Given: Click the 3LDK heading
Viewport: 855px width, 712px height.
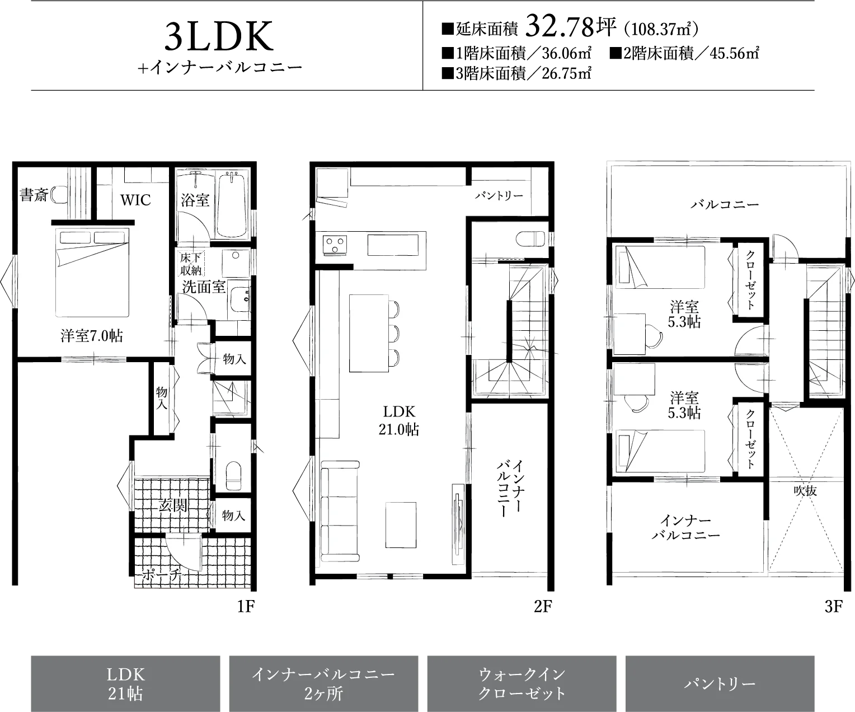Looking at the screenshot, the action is tap(219, 36).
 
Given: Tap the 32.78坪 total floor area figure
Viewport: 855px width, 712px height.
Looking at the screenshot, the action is tap(570, 26).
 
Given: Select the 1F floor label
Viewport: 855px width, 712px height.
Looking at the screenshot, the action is tap(246, 606).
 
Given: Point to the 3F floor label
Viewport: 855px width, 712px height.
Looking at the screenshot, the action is tap(834, 606).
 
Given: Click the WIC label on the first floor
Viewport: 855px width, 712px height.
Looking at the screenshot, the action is tap(135, 200).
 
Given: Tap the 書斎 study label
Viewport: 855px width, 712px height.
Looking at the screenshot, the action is tap(34, 195).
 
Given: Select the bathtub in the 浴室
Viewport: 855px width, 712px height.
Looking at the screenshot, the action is tap(231, 204).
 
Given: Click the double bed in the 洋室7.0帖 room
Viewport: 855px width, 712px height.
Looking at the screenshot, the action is tap(92, 273).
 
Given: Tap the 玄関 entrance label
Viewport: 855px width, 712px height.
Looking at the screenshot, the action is tap(173, 505).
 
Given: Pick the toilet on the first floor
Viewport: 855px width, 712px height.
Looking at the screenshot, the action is tap(233, 476).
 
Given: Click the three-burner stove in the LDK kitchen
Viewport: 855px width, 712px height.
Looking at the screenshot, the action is tap(335, 245).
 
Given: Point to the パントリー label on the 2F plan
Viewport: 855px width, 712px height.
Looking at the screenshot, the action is tap(499, 196).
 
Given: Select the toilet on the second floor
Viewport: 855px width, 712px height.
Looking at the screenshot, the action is tap(530, 239).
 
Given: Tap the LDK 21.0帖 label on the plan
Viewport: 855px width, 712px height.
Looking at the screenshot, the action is tap(399, 420).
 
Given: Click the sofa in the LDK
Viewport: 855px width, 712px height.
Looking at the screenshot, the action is tap(340, 511).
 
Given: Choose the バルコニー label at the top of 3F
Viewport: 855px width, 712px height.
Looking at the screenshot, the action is tap(725, 204).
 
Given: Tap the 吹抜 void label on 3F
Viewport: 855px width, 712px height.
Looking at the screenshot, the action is tap(805, 491).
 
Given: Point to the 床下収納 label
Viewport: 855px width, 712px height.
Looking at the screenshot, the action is tap(191, 264).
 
